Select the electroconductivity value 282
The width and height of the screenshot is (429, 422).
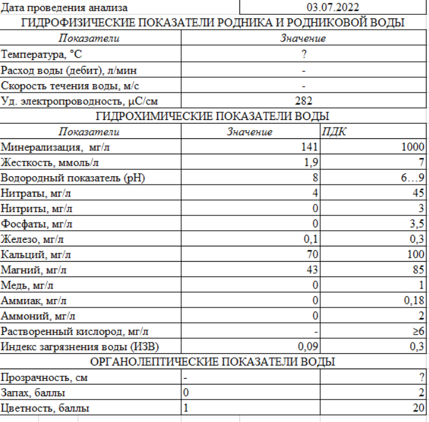click(303, 101)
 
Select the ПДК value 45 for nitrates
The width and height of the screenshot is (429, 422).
click(418, 193)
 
